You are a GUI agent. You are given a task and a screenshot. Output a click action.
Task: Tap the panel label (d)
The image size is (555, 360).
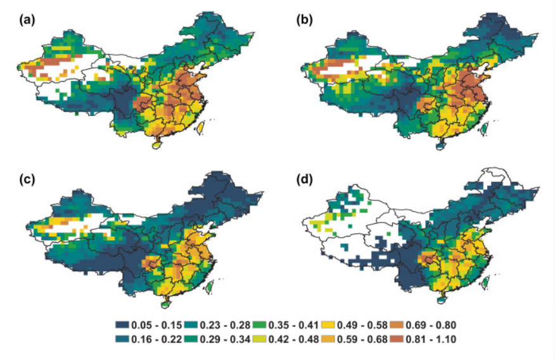point(304,179)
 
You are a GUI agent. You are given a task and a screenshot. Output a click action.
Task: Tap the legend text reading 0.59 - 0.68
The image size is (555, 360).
point(366,340)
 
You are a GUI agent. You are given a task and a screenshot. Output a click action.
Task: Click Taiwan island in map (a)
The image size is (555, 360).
point(203,127)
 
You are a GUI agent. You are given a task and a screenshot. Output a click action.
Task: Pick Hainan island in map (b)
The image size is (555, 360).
point(439,145)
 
